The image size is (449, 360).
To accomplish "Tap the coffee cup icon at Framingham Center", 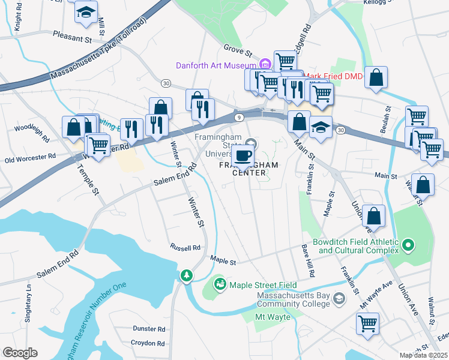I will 243,156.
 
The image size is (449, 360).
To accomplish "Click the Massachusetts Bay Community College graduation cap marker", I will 339,298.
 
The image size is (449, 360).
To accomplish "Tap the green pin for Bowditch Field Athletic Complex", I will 408,245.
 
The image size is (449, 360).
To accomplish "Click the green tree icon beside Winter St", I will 187,275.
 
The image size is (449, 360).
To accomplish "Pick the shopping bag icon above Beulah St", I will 376,77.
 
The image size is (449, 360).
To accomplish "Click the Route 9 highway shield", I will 238,116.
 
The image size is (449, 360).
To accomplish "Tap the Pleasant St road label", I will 71,37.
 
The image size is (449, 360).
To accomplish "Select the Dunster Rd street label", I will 148,329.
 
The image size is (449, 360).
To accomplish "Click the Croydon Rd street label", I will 148,343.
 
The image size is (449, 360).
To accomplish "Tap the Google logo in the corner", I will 20,352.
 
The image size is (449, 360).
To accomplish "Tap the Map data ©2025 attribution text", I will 424,355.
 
